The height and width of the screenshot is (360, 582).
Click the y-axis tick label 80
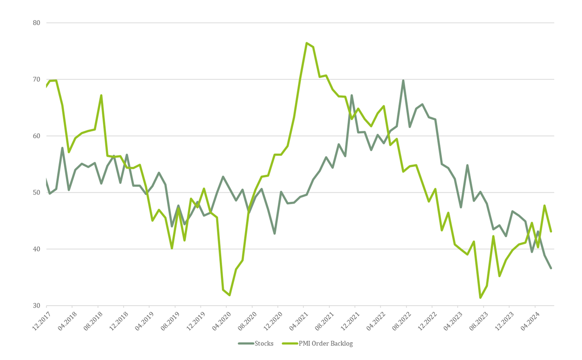click(37, 23)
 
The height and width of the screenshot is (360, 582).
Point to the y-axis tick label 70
click(37, 80)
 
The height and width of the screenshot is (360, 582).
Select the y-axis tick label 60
click(37, 136)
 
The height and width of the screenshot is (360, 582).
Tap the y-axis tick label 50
click(37, 193)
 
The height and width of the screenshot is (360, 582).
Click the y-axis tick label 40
click(37, 249)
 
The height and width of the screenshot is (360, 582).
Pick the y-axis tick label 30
click(37, 306)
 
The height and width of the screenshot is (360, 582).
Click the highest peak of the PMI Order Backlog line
click(306, 43)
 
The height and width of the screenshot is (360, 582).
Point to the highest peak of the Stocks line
click(403, 81)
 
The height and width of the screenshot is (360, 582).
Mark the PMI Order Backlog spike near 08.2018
click(101, 96)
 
